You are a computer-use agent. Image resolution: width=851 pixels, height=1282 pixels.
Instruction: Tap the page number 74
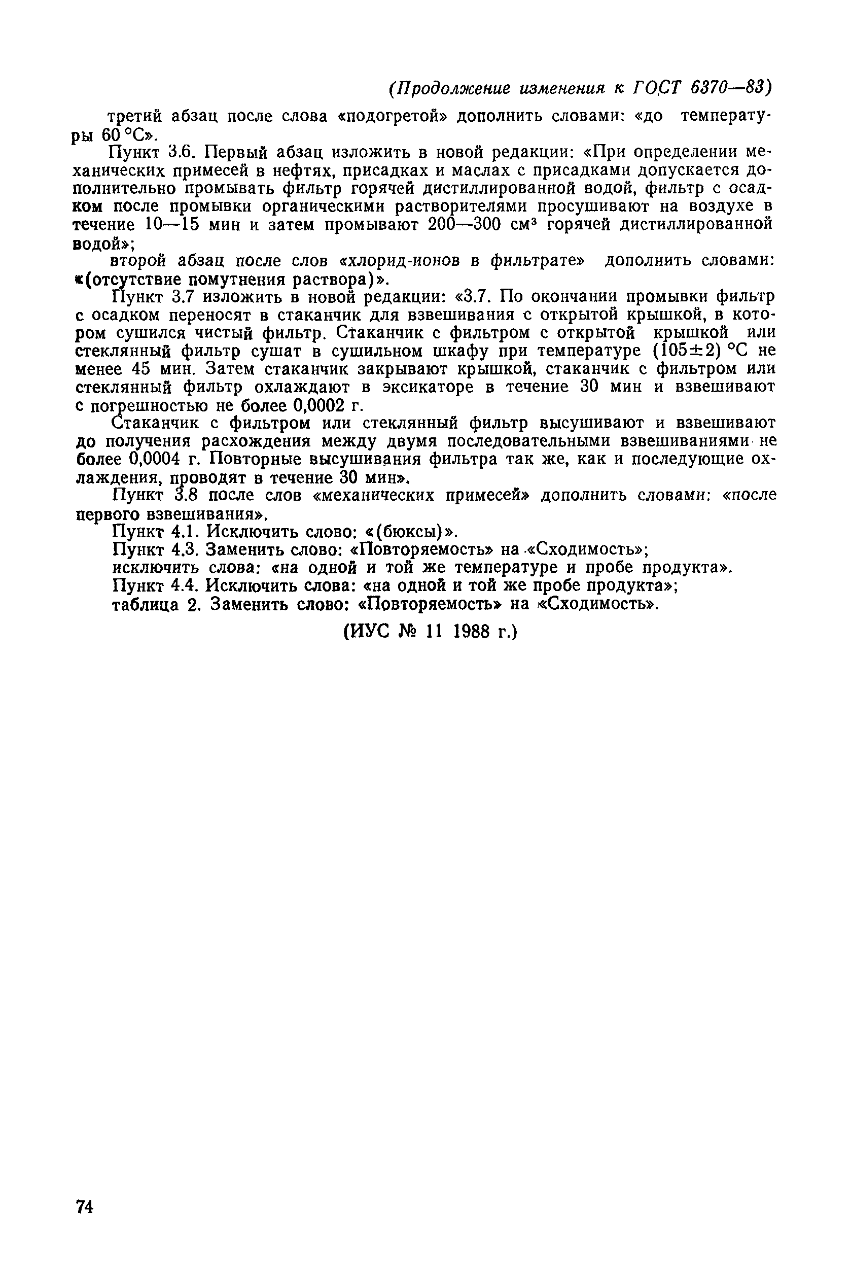point(85,1207)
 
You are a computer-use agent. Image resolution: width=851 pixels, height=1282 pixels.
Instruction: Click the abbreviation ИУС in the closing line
point(371,632)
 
